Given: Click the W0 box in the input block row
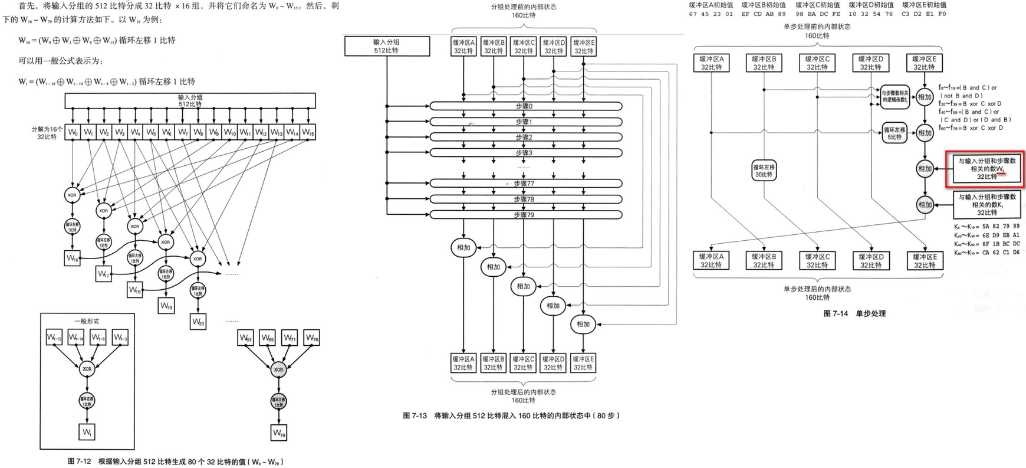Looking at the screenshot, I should (73, 132).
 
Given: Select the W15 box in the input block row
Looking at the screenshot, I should (308, 132).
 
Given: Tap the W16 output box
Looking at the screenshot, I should (72, 258).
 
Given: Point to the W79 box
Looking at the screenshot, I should (279, 433).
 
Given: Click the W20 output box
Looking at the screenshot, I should (198, 322).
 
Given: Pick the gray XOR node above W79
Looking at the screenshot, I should (278, 369).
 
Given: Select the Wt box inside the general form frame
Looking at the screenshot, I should (87, 433).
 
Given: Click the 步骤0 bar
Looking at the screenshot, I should (525, 106).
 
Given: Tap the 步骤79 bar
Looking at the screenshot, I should (525, 215).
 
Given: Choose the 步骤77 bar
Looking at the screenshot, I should (525, 184).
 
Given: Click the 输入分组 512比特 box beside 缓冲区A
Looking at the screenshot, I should (387, 47).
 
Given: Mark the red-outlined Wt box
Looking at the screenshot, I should (985, 169).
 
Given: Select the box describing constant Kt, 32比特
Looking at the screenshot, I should (986, 205).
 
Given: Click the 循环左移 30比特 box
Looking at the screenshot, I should (764, 171).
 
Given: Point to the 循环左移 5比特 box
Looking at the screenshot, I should (895, 133).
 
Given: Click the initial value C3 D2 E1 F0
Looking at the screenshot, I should (924, 14).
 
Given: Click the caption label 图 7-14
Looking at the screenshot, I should (836, 313).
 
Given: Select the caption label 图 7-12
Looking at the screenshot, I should (80, 462).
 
